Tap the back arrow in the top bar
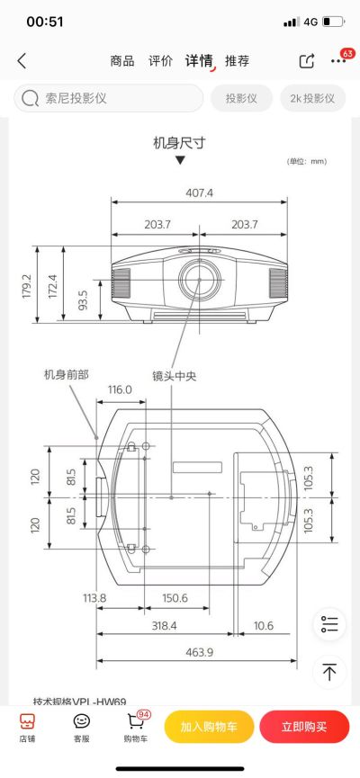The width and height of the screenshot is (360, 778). (x=22, y=61)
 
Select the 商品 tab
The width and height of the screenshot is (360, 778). (x=122, y=61)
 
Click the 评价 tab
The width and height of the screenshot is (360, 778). (x=161, y=61)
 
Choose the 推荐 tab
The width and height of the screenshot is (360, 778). (x=238, y=61)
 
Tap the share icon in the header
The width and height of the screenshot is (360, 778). (x=307, y=61)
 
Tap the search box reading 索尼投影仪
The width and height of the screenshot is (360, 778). (x=108, y=98)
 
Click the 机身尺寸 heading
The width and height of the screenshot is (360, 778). (x=180, y=142)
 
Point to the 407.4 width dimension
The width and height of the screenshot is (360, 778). (x=200, y=192)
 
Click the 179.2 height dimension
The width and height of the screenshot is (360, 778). (x=27, y=286)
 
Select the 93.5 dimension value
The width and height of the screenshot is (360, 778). (x=83, y=300)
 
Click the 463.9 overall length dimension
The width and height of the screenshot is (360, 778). (x=199, y=652)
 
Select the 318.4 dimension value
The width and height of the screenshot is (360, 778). (x=164, y=624)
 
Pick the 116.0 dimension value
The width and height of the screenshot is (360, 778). (x=120, y=389)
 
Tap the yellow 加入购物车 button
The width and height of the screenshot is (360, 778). (x=209, y=727)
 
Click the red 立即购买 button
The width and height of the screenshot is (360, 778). (x=304, y=727)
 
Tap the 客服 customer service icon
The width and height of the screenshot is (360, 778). (x=82, y=727)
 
